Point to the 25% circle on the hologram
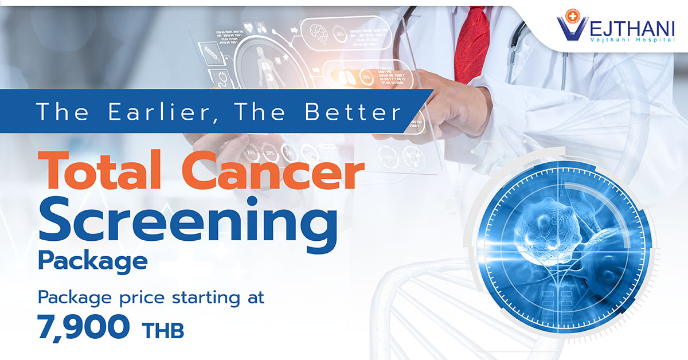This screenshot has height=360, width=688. point(251,153)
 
